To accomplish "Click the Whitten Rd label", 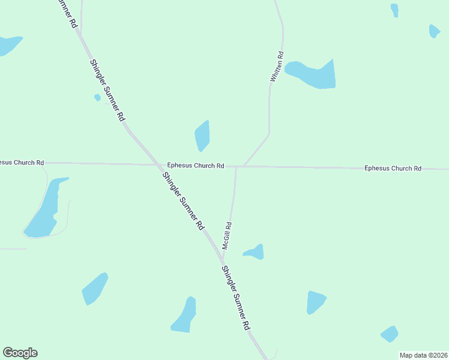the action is tap(277, 67).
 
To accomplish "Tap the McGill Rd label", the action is tap(227, 236).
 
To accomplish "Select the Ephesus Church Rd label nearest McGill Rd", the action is tap(196, 166).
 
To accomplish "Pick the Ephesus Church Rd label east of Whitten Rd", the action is tap(393, 169).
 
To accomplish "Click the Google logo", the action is tap(20, 353).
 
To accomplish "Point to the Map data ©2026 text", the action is tap(423, 355).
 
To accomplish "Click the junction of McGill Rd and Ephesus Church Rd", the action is tap(237, 167).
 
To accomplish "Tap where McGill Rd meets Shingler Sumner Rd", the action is tap(223, 263).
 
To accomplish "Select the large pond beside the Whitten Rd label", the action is tap(314, 75).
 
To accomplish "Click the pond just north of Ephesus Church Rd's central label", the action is tap(202, 136).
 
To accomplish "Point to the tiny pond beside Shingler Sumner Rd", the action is tap(97, 97).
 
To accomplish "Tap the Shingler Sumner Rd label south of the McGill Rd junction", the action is tap(235, 298).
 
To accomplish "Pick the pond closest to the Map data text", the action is tap(390, 334).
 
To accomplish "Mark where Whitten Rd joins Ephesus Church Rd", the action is tap(244, 166).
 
